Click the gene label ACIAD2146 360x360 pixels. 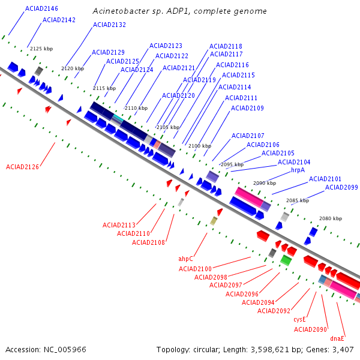(41, 9)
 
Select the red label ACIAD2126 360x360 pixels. (22, 167)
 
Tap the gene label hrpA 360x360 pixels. (298, 170)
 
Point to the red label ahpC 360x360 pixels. (186, 259)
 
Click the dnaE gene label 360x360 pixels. (337, 338)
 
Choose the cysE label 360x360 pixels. (299, 320)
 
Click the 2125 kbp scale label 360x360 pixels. (41, 49)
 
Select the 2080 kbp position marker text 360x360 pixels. (331, 218)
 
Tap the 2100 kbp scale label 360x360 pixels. (200, 146)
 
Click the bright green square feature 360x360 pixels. (286, 260)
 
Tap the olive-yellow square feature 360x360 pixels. (214, 221)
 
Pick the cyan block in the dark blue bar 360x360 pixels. (118, 118)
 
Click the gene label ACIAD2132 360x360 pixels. (110, 25)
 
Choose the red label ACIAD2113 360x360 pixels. (119, 225)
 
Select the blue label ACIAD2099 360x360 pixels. (341, 187)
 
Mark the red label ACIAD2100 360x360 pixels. (195, 269)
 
